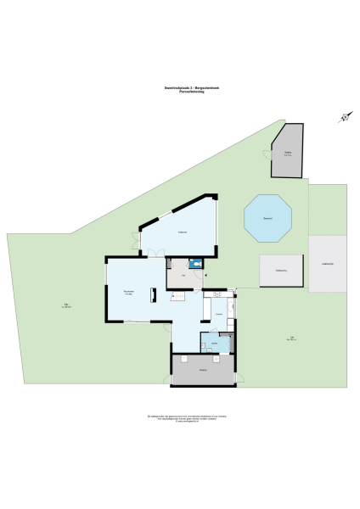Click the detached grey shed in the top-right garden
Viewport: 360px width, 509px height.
coord(289,152)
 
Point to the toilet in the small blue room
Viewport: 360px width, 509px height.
coord(197,264)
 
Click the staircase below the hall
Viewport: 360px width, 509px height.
coord(178,299)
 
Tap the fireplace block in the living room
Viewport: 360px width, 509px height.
coord(154,294)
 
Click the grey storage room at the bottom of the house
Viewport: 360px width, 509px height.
coord(204,372)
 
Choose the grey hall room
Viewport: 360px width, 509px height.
coord(181,275)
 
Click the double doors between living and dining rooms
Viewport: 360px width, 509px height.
coord(155,251)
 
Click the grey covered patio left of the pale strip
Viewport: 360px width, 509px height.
coord(280,271)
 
